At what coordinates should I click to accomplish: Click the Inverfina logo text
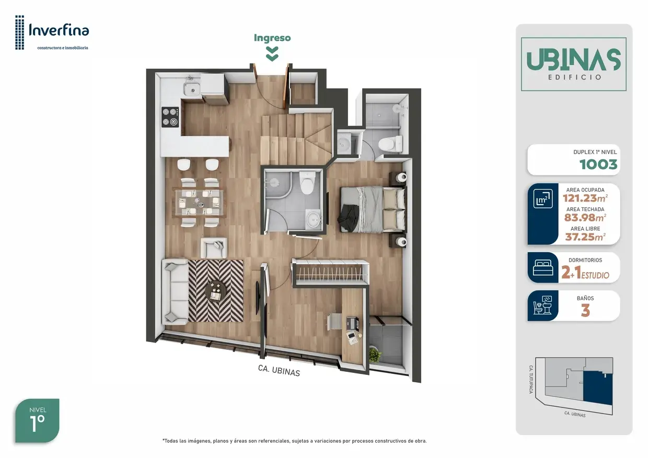click(x=59, y=30)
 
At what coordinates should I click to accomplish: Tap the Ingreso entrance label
click(x=272, y=38)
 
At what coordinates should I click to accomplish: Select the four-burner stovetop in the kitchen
click(x=170, y=117)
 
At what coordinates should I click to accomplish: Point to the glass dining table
click(x=199, y=202)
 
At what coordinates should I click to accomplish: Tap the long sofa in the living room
click(x=175, y=291)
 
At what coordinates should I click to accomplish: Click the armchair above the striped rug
click(x=214, y=248)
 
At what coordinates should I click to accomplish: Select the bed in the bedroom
click(x=373, y=209)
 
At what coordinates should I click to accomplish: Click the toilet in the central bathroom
click(x=307, y=182)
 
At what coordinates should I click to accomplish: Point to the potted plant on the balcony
click(x=375, y=354)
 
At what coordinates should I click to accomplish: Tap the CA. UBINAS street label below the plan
click(x=279, y=370)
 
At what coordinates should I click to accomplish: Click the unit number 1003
click(x=598, y=165)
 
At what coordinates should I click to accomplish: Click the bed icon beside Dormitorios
click(x=543, y=267)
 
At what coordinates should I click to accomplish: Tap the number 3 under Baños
click(x=585, y=311)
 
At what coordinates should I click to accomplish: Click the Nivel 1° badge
click(x=37, y=420)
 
